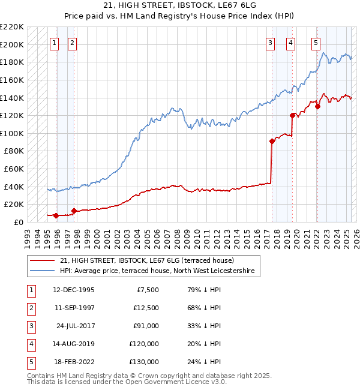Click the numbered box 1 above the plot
point(55,43)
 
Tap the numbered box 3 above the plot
point(271,43)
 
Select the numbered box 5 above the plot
point(316,43)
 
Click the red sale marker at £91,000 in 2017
point(272,142)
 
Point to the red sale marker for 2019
point(293,115)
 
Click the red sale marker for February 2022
point(318,107)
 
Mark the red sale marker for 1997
point(74,211)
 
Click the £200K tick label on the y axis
point(12,44)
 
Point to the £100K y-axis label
point(12,133)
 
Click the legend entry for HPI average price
point(157,271)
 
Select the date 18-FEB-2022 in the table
point(74,362)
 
